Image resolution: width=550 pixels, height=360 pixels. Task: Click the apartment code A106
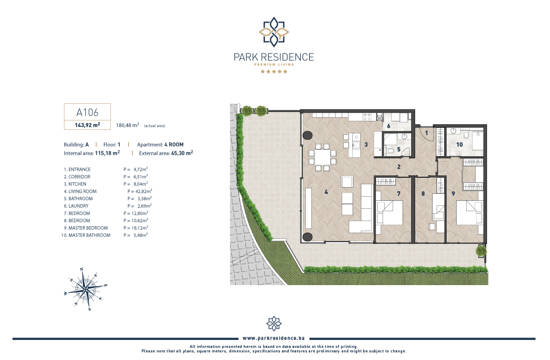click(87, 112)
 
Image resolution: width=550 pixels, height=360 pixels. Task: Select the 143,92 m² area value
click(87, 125)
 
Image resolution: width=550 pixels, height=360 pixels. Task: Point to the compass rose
click(85, 289)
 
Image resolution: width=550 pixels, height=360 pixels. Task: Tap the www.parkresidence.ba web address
click(274, 338)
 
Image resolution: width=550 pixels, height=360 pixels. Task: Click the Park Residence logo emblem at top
click(274, 32)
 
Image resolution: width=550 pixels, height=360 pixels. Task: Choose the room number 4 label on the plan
click(326, 192)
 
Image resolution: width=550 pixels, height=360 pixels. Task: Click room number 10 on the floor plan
click(460, 144)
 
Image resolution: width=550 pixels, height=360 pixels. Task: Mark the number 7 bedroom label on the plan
click(399, 194)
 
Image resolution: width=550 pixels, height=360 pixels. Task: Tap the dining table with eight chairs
click(322, 157)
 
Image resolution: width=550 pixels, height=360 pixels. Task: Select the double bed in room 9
click(470, 212)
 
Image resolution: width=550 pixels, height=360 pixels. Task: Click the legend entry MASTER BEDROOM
click(88, 228)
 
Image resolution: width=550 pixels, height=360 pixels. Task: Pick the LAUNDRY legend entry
click(78, 206)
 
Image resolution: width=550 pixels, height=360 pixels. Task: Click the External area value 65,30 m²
click(182, 153)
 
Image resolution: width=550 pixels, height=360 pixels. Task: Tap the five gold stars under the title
click(274, 71)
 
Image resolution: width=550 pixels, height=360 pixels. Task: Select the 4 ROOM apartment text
click(174, 144)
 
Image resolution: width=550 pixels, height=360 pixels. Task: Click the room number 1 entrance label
click(427, 133)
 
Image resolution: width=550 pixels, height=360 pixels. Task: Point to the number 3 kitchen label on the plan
click(366, 144)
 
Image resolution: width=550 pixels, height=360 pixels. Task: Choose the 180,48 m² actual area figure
click(128, 125)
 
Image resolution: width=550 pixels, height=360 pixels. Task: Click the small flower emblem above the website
click(274, 324)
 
